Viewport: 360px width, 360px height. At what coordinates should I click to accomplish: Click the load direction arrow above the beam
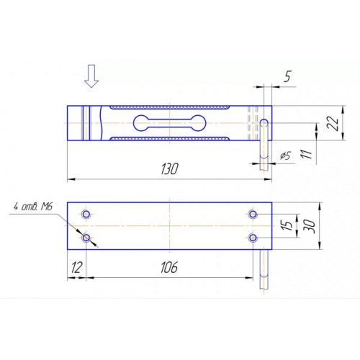(91, 76)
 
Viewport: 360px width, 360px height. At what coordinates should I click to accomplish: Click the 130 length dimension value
(169, 169)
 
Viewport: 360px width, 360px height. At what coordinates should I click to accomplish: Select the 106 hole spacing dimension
(169, 267)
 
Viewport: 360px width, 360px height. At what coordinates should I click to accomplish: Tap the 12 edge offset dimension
(77, 267)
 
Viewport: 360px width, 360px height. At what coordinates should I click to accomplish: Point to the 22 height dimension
(333, 123)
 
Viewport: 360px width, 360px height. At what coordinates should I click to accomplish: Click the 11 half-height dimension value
(307, 154)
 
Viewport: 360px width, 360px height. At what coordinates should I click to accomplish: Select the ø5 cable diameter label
(285, 156)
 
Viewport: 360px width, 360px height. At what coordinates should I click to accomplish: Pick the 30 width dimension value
(310, 226)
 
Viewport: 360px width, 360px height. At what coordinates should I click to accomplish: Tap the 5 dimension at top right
(287, 76)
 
